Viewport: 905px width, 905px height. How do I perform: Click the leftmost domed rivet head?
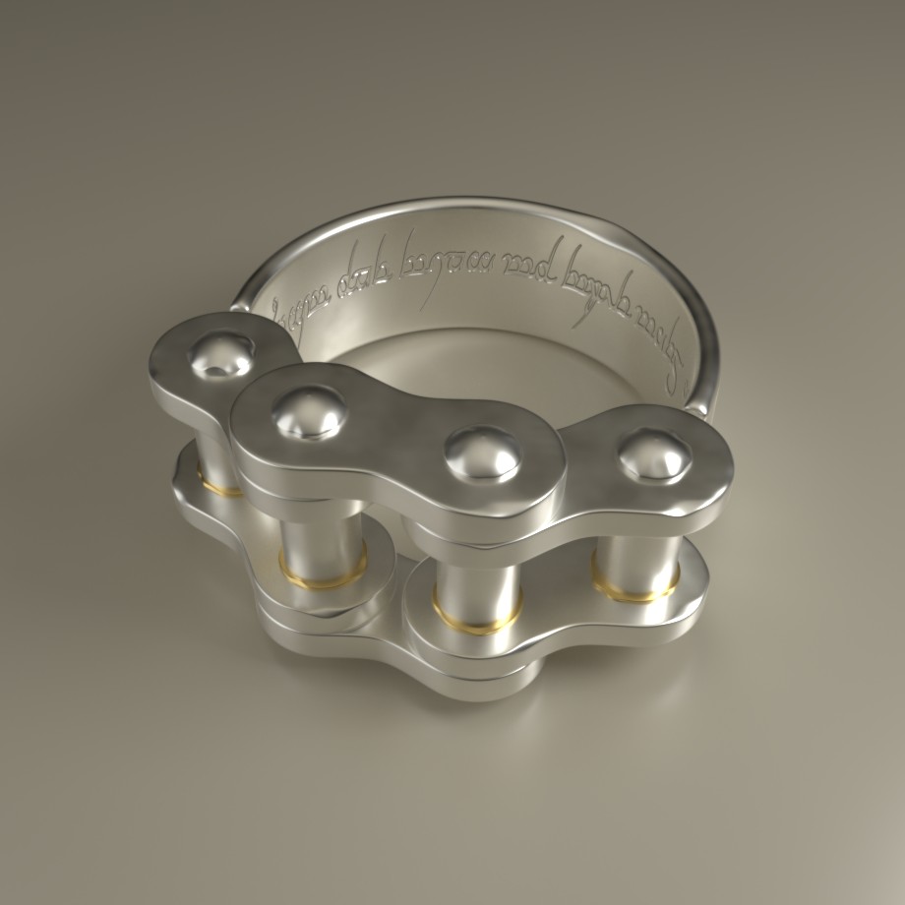(x=222, y=356)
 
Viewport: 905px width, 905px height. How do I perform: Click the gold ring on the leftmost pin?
(x=218, y=484)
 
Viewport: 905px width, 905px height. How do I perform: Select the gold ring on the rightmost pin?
(x=634, y=587)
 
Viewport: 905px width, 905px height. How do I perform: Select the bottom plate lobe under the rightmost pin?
(x=679, y=600)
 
